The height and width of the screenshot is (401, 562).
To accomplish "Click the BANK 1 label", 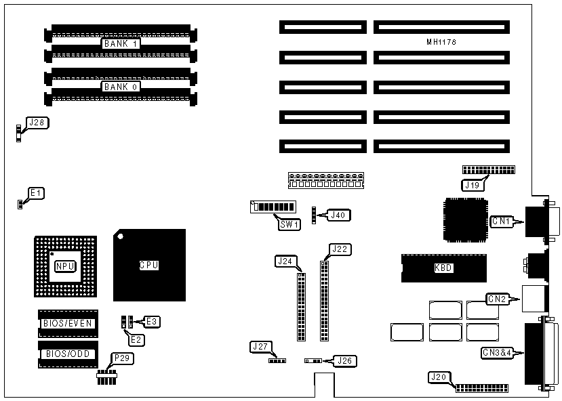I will (x=120, y=44).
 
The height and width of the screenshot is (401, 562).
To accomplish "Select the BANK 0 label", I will (x=120, y=87).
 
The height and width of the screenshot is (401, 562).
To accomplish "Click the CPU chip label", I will (x=148, y=265).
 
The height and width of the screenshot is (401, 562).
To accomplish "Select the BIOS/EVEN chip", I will (x=67, y=323).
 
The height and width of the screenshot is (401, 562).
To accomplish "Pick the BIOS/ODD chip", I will (x=67, y=354).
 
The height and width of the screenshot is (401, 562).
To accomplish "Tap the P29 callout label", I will (x=104, y=358).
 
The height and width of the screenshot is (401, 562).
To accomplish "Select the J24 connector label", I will (x=285, y=260).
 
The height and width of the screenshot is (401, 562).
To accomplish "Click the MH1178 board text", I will (x=440, y=42).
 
